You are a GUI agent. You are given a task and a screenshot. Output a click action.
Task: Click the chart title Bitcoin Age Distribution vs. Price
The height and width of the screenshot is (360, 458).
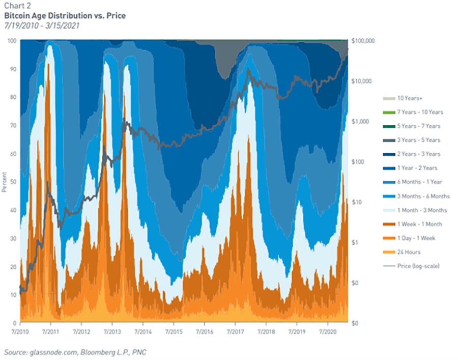pos(65,16)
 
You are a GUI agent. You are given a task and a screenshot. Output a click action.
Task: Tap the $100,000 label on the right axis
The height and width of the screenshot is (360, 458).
pos(364,41)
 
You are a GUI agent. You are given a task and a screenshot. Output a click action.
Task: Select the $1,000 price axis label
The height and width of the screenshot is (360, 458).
pos(361,122)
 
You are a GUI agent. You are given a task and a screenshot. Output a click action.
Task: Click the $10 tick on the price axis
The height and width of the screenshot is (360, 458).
pos(358,202)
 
